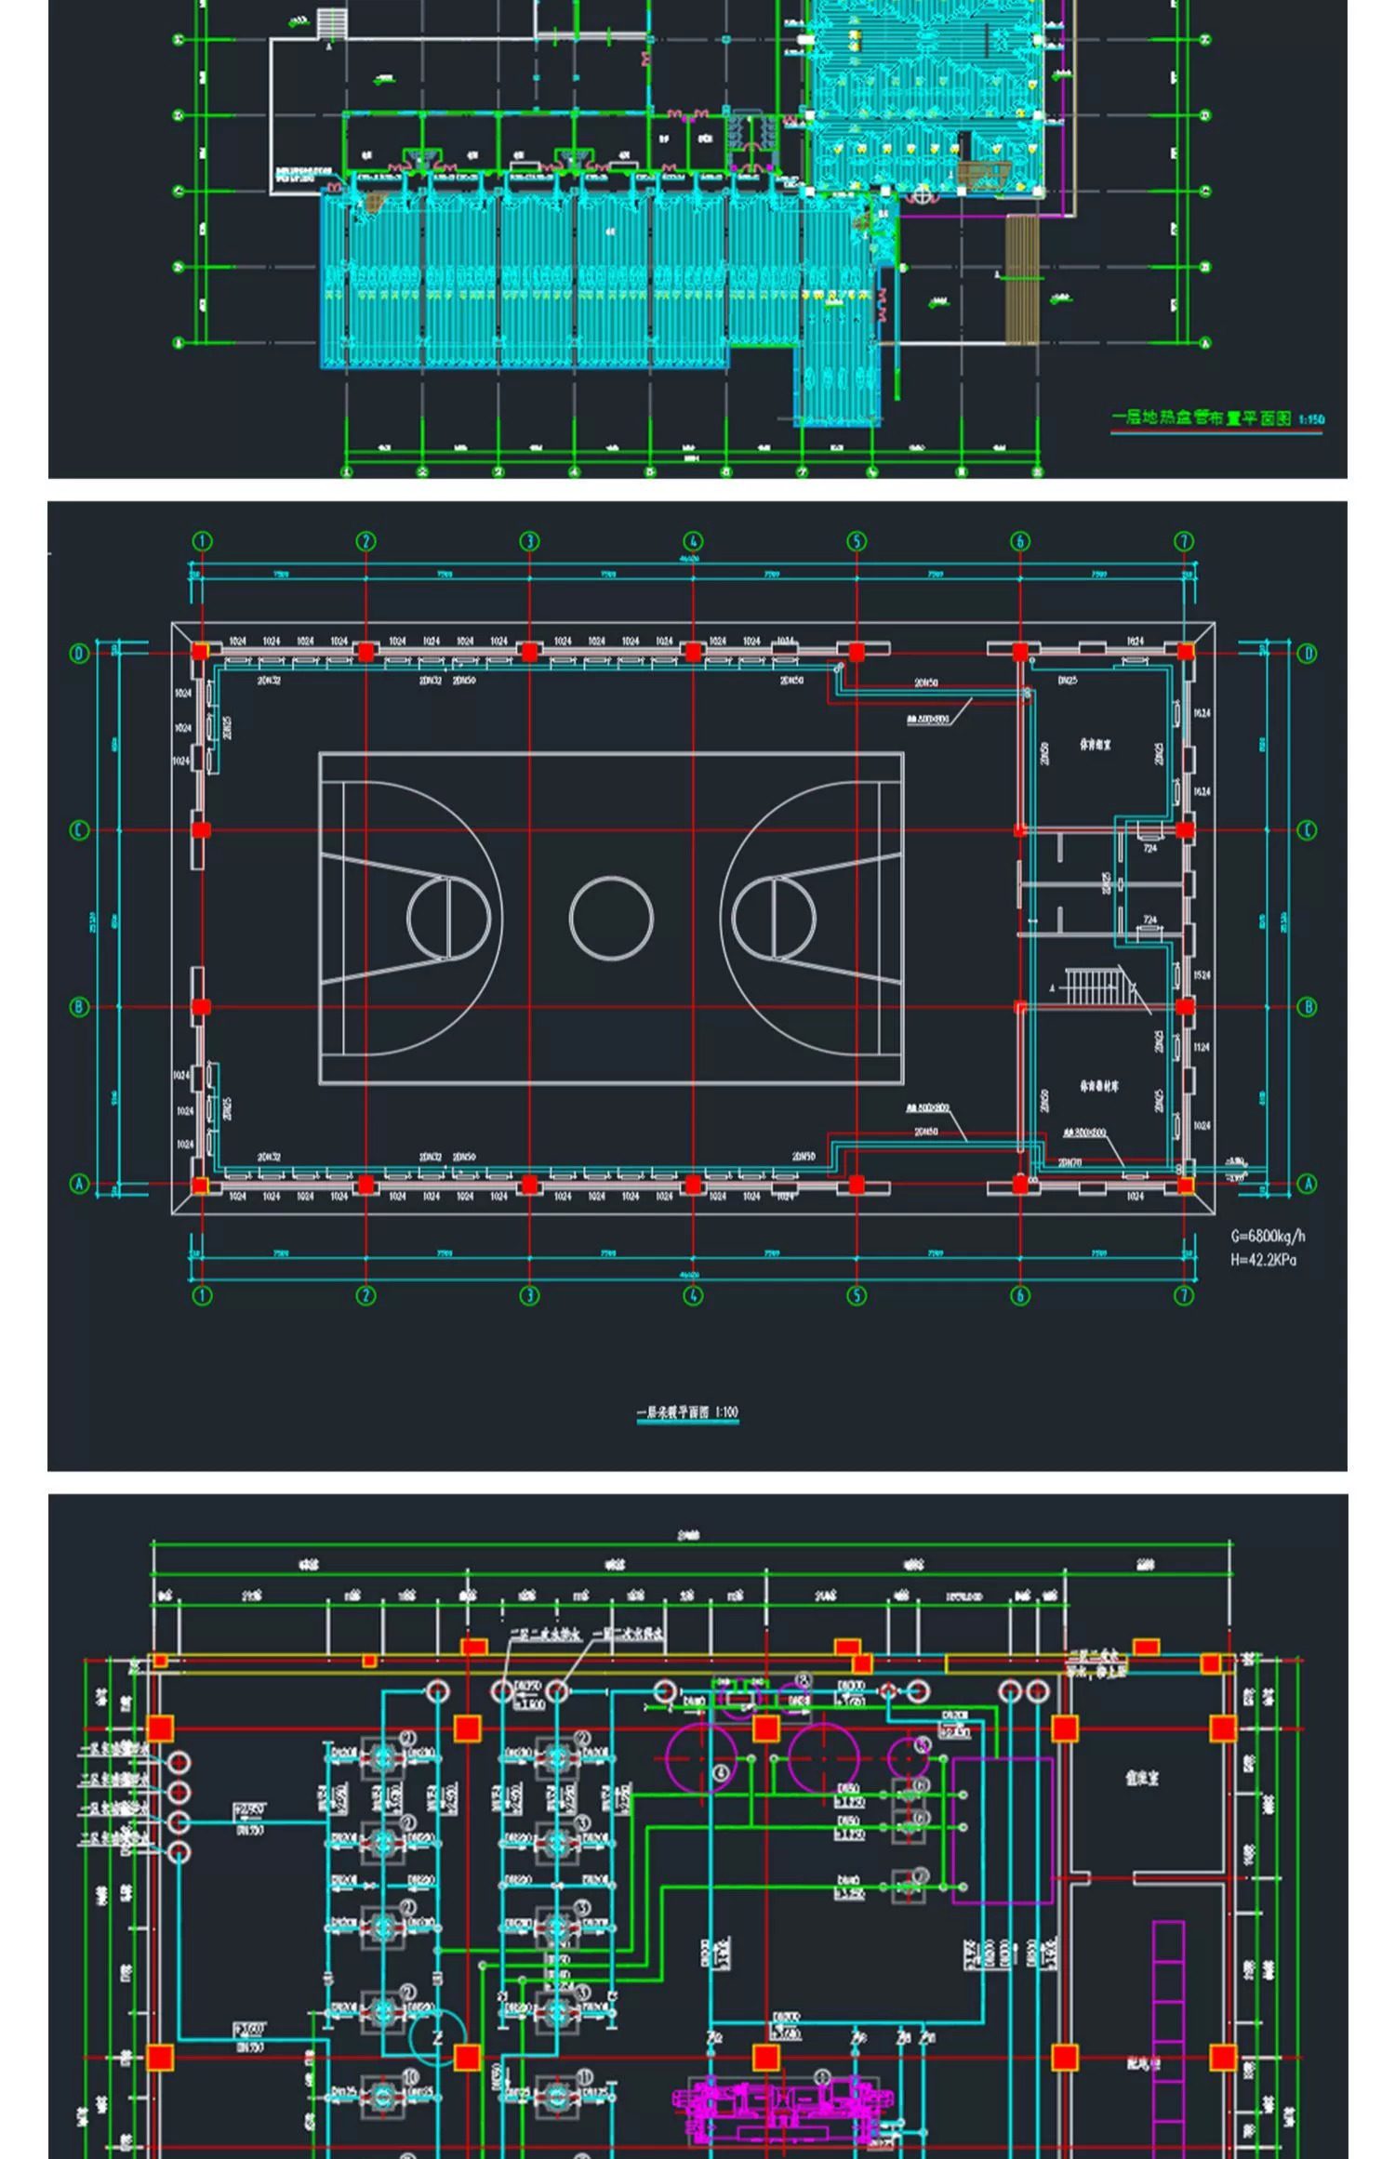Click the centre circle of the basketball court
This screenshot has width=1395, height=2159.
click(x=611, y=917)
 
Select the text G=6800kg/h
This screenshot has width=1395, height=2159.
click(x=1268, y=1236)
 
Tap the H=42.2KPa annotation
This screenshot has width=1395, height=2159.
click(x=1263, y=1260)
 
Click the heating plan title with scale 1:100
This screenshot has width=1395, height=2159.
click(x=687, y=1412)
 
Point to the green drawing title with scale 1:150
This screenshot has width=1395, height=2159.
click(x=1218, y=418)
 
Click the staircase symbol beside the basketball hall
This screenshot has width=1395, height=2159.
click(x=1097, y=987)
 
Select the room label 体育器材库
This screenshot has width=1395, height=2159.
click(x=1098, y=1085)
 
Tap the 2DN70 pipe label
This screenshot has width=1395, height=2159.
click(x=1069, y=1162)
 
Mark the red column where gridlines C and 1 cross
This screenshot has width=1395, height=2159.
click(x=201, y=830)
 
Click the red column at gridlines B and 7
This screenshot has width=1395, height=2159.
click(x=1184, y=1007)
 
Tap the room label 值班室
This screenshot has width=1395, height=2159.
click(x=1142, y=1777)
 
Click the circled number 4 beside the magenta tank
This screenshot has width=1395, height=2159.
click(x=723, y=1773)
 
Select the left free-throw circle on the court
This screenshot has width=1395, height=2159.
click(x=448, y=917)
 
